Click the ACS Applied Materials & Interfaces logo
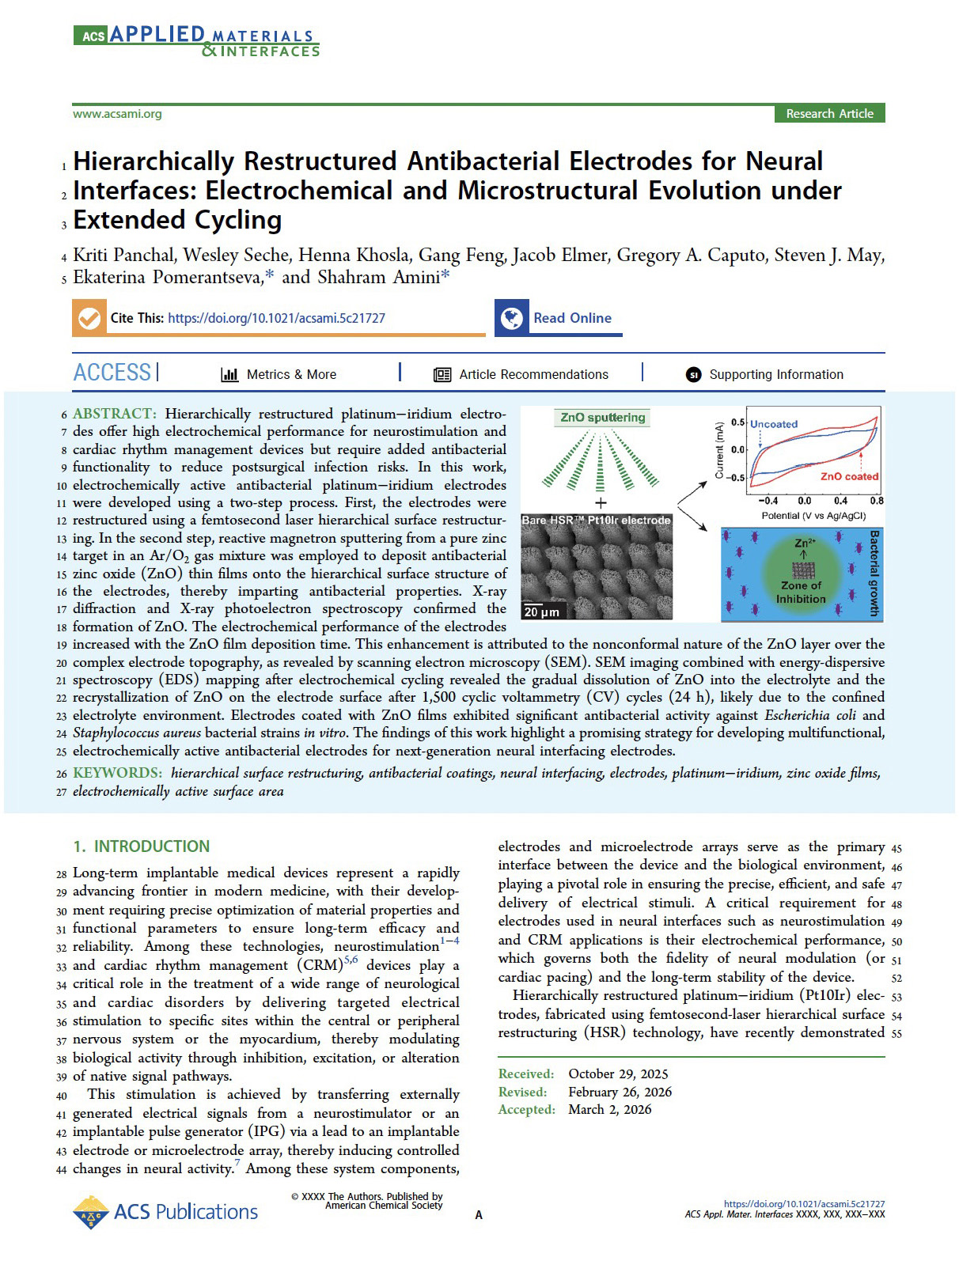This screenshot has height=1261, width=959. point(196,41)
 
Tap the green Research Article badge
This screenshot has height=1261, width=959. point(829,114)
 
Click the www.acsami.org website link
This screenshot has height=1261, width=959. point(117,114)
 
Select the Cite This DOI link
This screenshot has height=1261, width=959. point(276,318)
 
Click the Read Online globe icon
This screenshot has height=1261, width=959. point(512,318)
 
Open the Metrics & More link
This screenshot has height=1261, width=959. point(290,374)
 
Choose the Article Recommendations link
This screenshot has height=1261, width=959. point(533,374)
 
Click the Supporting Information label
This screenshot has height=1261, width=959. point(775,374)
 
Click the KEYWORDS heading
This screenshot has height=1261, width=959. point(117,773)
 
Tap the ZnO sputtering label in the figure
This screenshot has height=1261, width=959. point(603,418)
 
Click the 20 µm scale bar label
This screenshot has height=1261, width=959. point(541,612)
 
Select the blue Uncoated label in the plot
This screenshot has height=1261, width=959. point(774,424)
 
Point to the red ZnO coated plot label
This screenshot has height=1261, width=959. point(849,476)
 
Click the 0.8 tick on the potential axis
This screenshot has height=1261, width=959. point(877,501)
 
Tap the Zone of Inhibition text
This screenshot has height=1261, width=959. point(801,593)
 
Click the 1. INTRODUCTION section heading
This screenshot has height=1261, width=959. point(142,846)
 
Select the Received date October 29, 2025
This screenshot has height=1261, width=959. point(618,1074)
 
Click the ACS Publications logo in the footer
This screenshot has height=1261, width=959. point(165,1212)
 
